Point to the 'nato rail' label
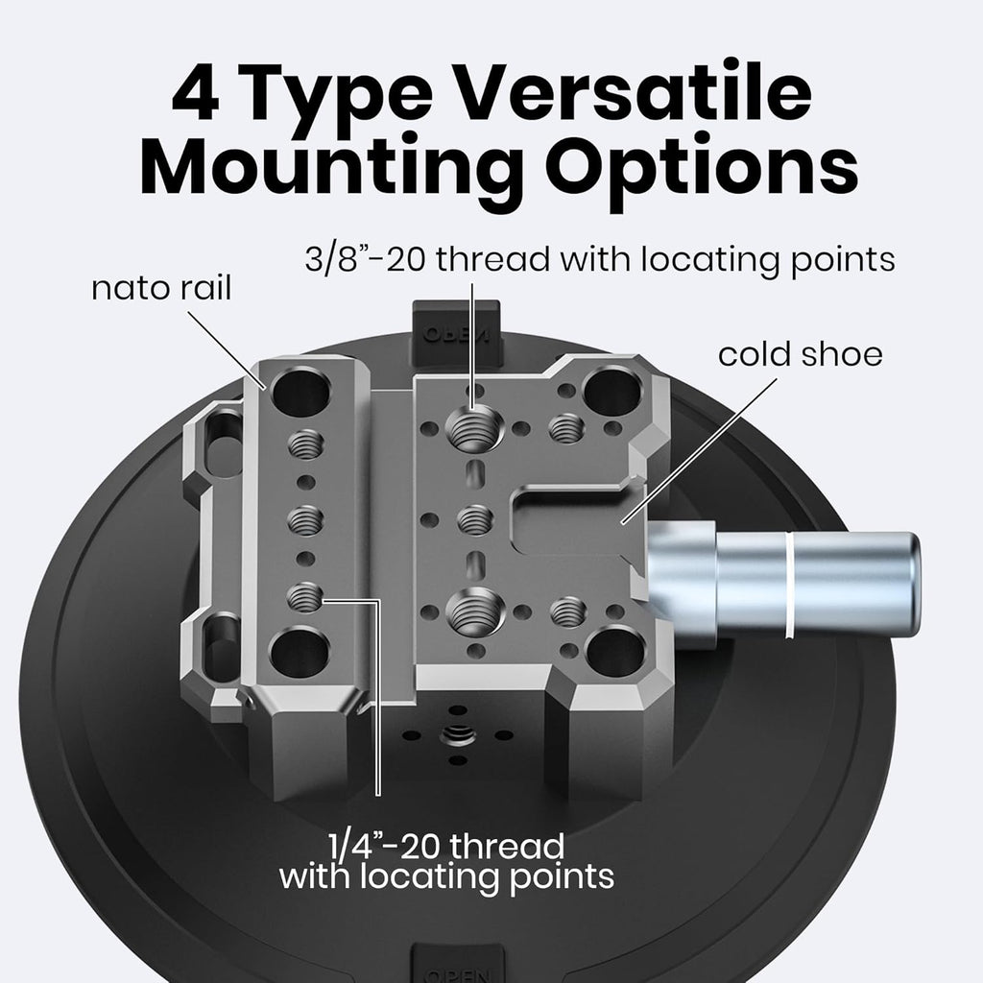[161, 288]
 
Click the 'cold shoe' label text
[800, 354]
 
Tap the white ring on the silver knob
[789, 585]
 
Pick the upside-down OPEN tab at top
[456, 333]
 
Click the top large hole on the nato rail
[301, 393]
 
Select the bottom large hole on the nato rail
[300, 653]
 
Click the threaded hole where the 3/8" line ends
[474, 429]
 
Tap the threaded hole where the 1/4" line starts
[305, 597]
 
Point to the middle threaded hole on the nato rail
[305, 519]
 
